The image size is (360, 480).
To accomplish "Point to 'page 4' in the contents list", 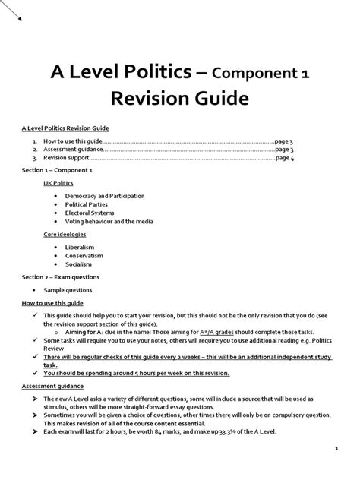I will click(x=285, y=158).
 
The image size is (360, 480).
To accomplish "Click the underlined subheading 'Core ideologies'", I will click(x=65, y=235).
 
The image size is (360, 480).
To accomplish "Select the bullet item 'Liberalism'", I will click(x=80, y=247).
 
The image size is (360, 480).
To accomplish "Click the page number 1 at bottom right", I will click(x=335, y=449).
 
